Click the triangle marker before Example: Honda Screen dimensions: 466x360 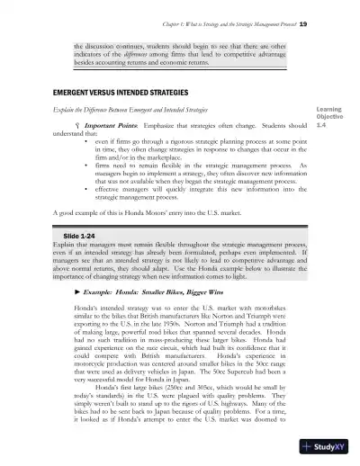coord(75,295)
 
